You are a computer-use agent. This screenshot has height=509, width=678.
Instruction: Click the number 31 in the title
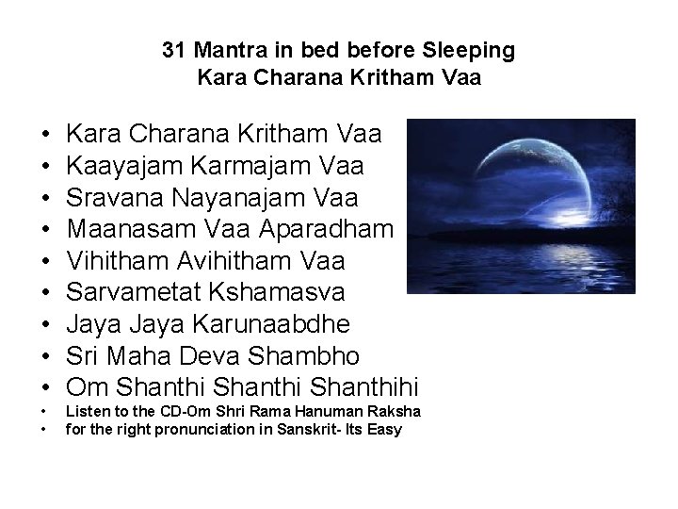(x=173, y=49)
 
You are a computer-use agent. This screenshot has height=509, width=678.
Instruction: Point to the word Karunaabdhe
(x=269, y=323)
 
